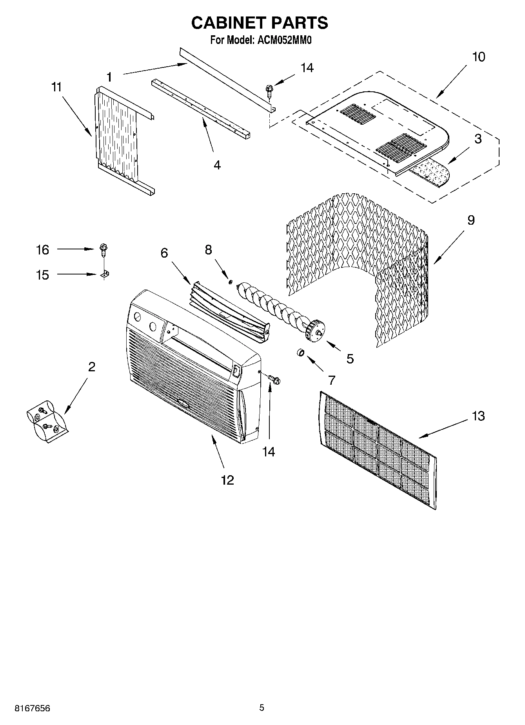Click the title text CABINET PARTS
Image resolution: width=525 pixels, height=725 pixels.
pos(260,23)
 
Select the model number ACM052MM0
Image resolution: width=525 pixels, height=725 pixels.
pos(283,40)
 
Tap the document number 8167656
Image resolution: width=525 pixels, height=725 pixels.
pos(32,708)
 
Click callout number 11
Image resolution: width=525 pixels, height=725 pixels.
pos(56,87)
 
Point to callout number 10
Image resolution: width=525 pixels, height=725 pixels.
pos(478,57)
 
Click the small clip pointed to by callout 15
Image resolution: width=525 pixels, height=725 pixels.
pos(104,275)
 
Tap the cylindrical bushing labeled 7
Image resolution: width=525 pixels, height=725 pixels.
pos(300,353)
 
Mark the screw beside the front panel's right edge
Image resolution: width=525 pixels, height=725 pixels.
pos(274,379)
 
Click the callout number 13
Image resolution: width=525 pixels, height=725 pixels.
pos(478,416)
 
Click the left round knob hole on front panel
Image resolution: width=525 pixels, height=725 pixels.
pos(137,317)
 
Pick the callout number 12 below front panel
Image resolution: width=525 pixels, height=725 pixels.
pos(227,480)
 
